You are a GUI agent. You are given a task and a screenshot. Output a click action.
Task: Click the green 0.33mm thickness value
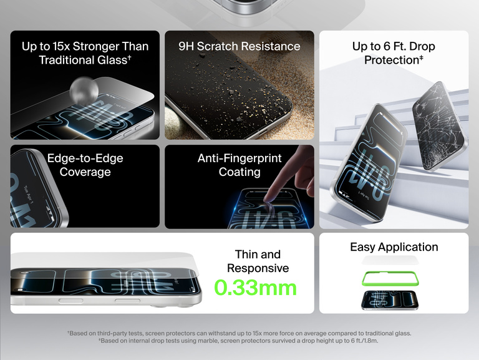pyautogui.click(x=255, y=288)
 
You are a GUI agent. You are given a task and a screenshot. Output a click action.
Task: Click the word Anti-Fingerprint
pyautogui.click(x=239, y=158)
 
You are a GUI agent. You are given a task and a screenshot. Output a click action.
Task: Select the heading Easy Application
pyautogui.click(x=394, y=247)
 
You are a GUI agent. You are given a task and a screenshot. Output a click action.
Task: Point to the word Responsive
pyautogui.click(x=258, y=268)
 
